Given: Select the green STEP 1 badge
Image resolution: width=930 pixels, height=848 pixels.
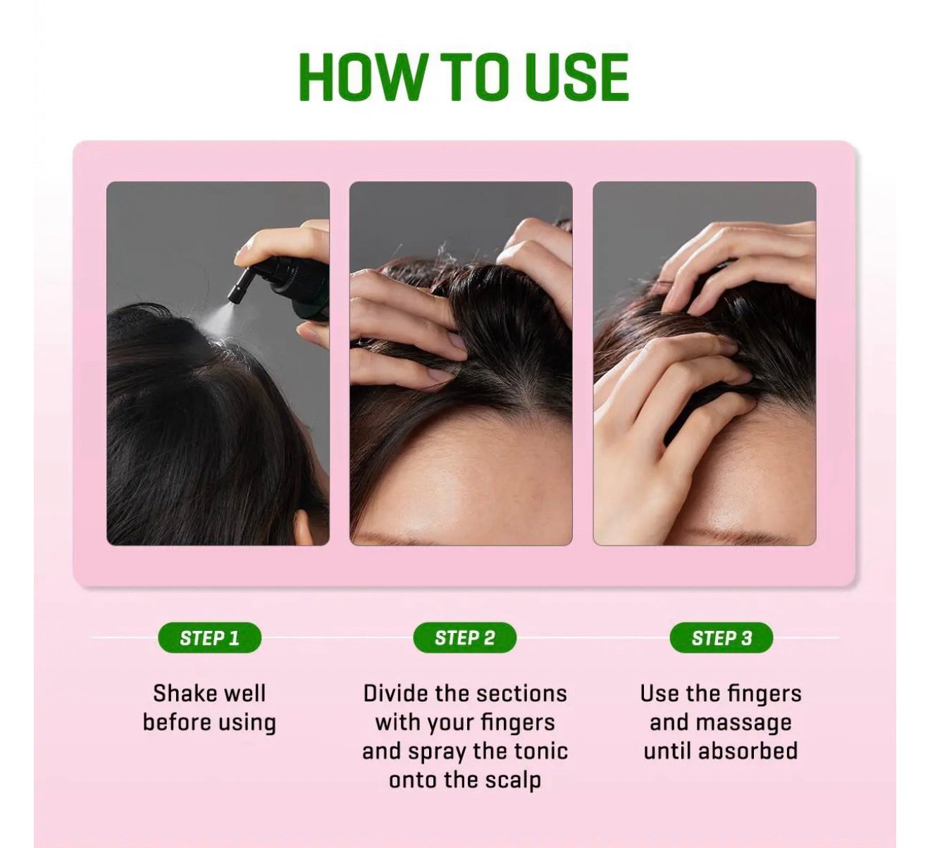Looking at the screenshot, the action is (x=209, y=638).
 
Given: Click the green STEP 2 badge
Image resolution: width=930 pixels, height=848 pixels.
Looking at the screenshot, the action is (x=464, y=638).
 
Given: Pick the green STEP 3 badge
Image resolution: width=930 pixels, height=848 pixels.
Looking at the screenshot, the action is (x=721, y=638).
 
